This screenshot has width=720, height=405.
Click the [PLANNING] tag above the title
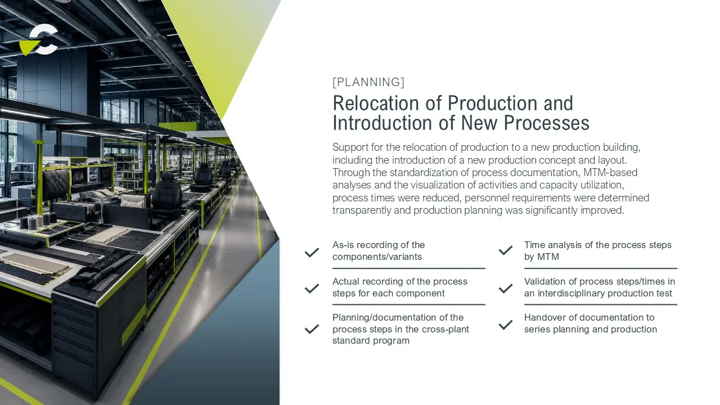point(368,82)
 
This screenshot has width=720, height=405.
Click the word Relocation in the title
point(375,103)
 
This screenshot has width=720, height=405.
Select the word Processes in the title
point(546,123)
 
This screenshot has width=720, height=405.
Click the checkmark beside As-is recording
point(312,253)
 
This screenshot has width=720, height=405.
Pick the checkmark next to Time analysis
point(506,250)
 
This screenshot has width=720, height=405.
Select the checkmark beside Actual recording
point(312,289)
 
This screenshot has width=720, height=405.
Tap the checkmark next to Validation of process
point(506,289)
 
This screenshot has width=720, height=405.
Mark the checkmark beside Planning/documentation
point(312,329)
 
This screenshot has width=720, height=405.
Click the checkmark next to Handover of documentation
point(506,325)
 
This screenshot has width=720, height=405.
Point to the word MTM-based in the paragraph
point(610,173)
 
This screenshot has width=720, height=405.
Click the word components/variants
point(377,257)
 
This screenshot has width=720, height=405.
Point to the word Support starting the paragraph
point(350,147)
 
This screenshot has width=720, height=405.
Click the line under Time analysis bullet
point(600,268)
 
